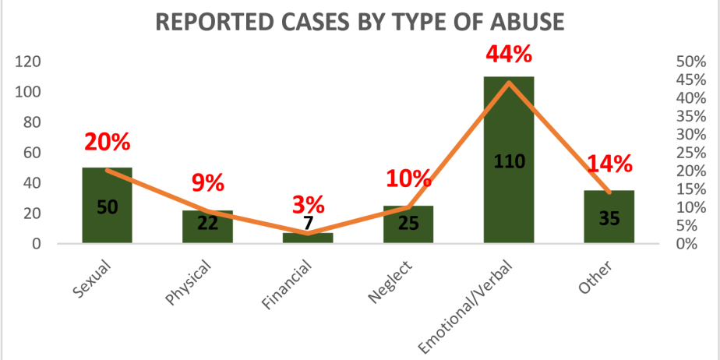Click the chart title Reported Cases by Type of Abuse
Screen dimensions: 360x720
359,21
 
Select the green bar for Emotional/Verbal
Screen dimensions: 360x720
509,195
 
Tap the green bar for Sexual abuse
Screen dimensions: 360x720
107,187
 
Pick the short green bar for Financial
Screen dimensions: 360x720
308,238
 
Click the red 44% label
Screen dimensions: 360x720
509,55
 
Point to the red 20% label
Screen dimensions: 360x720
107,142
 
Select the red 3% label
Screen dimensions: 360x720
309,205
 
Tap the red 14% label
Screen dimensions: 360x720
610,164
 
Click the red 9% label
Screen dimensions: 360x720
207,183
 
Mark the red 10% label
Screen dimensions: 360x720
408,178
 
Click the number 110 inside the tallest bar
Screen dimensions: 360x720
509,162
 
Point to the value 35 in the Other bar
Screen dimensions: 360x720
609,219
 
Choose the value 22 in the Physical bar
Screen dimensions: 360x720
207,223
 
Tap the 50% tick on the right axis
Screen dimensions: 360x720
690,62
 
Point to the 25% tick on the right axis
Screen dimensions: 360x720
690,154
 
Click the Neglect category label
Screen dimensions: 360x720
394,280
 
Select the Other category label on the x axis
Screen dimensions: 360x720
597,277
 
